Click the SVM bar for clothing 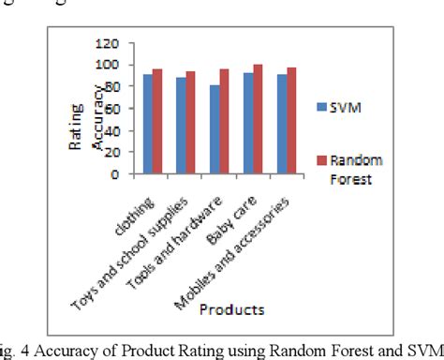147,124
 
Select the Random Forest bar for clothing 157,121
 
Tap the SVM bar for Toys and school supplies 181,126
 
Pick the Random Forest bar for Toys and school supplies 191,123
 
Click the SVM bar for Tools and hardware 215,129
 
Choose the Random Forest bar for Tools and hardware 225,121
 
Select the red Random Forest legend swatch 322,159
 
